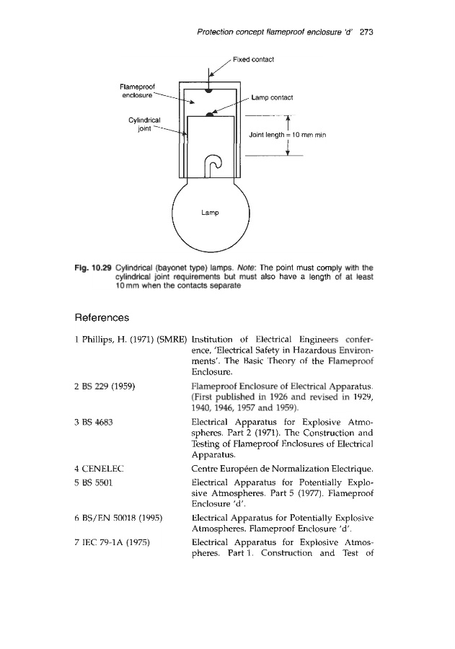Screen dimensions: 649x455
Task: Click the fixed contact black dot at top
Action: (208, 90)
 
